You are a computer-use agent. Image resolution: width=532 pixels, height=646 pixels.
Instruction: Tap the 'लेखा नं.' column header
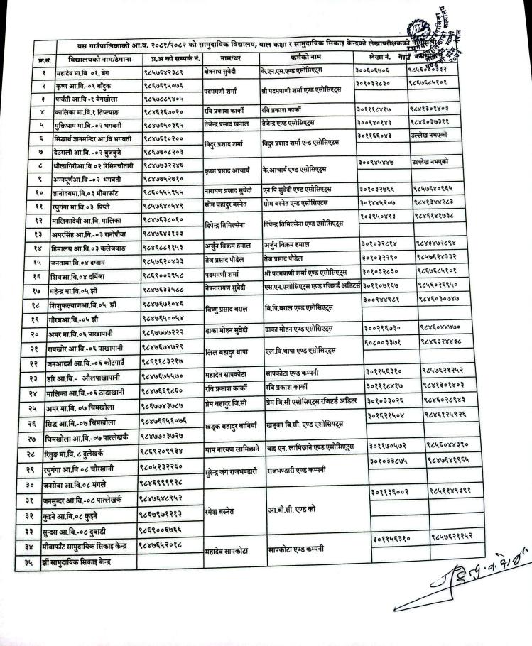pyautogui.click(x=382, y=55)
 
